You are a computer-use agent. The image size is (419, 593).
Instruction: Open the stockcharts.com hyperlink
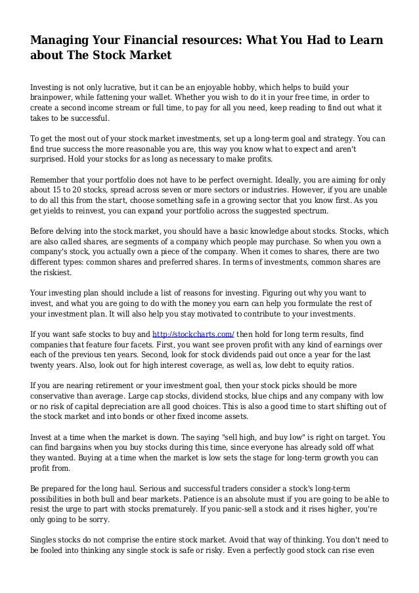[x=193, y=334]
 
